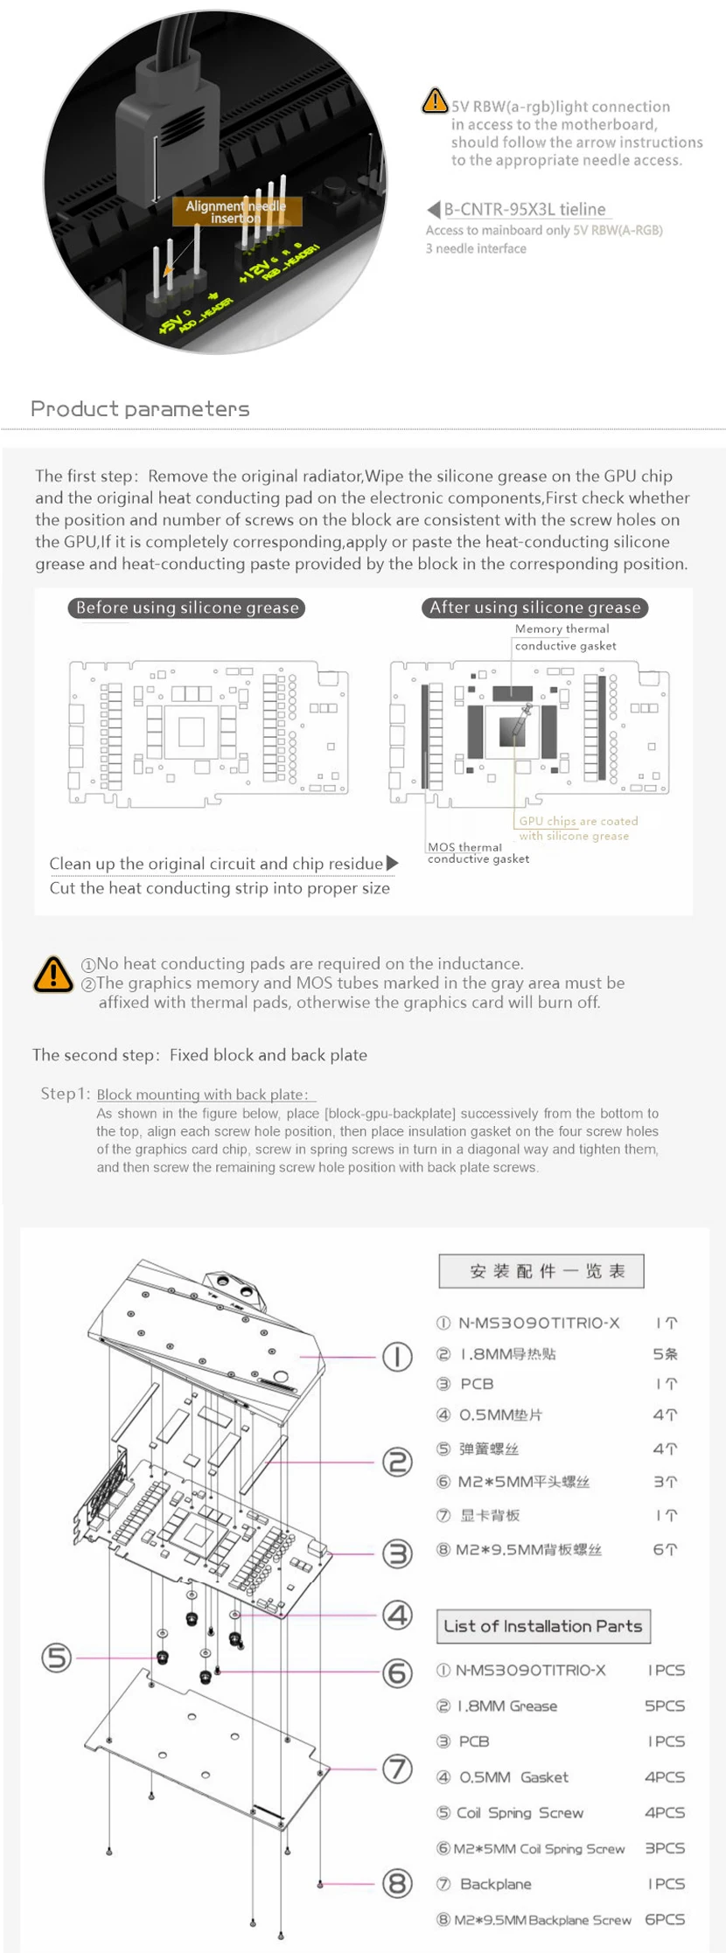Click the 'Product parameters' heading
140,409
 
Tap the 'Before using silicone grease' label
186,608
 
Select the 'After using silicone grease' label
534,608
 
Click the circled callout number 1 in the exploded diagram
397,1357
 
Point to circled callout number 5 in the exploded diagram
57,1658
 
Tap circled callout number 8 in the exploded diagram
397,1883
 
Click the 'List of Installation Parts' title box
543,1626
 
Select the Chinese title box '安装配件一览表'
541,1271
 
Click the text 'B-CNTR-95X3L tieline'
524,209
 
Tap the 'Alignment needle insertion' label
235,212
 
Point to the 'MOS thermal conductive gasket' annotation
478,852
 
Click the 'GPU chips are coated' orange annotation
578,821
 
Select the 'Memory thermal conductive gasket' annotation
564,637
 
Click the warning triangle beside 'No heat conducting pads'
52,973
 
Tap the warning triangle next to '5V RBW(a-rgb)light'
435,101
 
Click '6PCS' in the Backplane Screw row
665,1920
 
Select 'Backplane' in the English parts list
495,1884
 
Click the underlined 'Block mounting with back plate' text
202,1095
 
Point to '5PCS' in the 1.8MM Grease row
665,1706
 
